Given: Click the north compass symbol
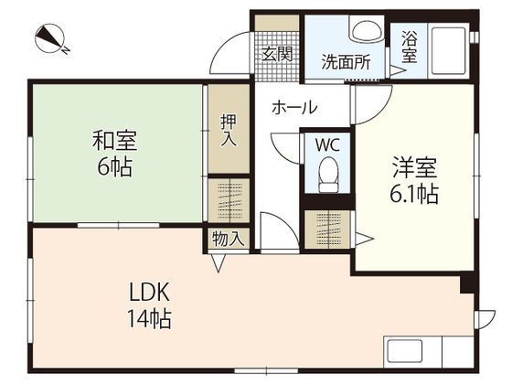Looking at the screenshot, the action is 50,38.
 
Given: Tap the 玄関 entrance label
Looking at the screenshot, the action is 277,54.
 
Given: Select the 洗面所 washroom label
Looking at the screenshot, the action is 346,62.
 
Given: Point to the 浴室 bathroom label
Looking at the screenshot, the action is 410,47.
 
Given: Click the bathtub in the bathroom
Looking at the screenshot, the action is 449,51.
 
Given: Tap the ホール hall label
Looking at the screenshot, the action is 294,108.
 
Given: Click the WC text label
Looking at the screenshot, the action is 327,144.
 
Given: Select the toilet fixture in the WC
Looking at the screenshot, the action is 328,175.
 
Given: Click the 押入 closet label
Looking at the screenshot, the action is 229,130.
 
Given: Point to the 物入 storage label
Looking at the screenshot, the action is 229,239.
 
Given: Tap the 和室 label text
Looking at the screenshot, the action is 114,141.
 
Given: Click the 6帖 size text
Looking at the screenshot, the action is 114,166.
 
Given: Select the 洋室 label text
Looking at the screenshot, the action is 414,168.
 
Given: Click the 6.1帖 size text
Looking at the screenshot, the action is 413,194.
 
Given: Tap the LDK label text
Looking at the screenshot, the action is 150,293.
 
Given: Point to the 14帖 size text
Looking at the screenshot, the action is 149,319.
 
